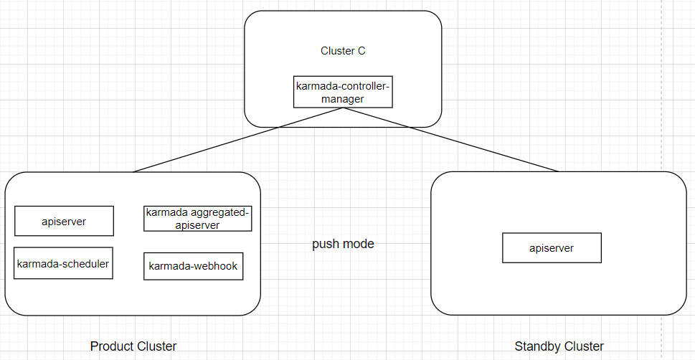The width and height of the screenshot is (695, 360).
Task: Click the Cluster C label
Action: pos(343,52)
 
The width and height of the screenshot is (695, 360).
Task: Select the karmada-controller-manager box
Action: pos(343,92)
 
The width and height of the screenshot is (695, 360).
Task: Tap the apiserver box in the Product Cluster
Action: pos(64,221)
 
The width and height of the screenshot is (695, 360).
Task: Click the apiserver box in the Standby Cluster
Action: pos(551,248)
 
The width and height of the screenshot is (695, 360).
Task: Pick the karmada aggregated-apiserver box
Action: pos(198,219)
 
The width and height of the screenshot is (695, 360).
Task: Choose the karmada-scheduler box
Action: pos(63,263)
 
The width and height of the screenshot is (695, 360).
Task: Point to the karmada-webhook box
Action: pos(193,267)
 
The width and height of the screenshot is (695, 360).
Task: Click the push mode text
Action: pos(343,244)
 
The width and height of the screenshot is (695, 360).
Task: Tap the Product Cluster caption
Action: pos(133,346)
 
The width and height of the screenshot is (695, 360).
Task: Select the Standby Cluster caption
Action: pos(559,346)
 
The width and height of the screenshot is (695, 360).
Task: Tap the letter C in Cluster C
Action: pos(361,52)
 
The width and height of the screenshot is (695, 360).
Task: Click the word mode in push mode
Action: pos(357,244)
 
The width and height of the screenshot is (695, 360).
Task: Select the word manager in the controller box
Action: pos(342,98)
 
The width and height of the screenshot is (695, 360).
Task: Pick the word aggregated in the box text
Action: pos(216,212)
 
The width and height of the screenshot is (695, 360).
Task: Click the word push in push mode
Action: pos(324,245)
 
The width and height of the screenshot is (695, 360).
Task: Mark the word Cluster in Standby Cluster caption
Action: pos(584,346)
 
